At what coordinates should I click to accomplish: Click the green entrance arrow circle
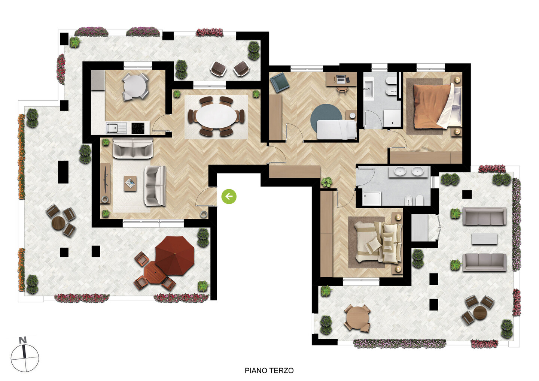point(229,197)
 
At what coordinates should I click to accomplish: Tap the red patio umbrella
point(175,255)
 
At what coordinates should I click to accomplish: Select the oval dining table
point(216,116)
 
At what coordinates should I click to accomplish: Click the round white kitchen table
point(135,86)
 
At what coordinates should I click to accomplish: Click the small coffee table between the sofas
point(130,183)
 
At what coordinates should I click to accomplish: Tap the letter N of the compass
point(23,340)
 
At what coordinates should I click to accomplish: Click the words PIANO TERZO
point(269,371)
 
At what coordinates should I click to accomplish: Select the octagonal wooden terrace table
point(155,272)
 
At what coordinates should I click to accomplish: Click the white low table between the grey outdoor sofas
point(484,239)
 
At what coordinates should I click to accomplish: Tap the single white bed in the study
point(337,130)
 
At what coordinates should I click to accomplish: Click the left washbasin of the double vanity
point(400,171)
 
